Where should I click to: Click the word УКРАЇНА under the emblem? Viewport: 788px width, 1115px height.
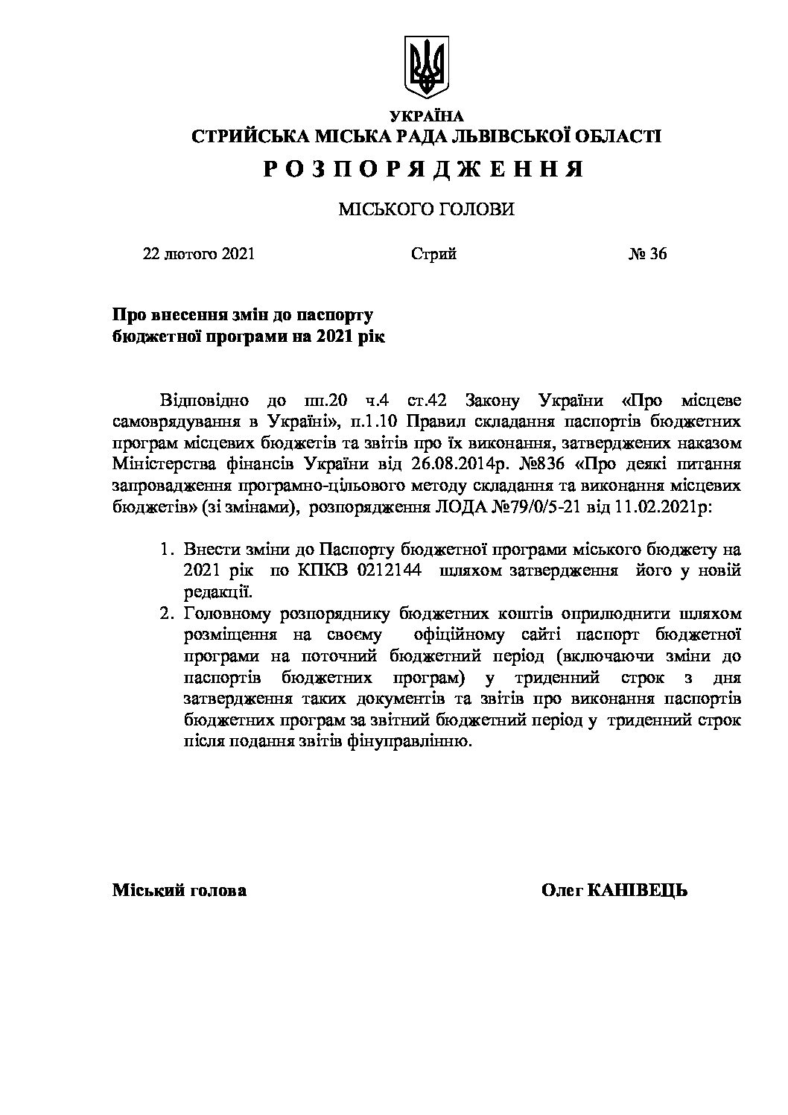tap(426, 116)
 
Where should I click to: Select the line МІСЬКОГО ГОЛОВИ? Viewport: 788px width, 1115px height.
tap(426, 210)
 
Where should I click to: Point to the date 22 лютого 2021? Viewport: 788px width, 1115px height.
tap(199, 254)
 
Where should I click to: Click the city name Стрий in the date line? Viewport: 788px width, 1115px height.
tap(433, 254)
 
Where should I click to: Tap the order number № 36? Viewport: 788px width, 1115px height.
tap(648, 254)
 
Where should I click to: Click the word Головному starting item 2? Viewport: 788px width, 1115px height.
tap(225, 614)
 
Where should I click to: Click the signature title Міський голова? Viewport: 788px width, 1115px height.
tap(179, 891)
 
